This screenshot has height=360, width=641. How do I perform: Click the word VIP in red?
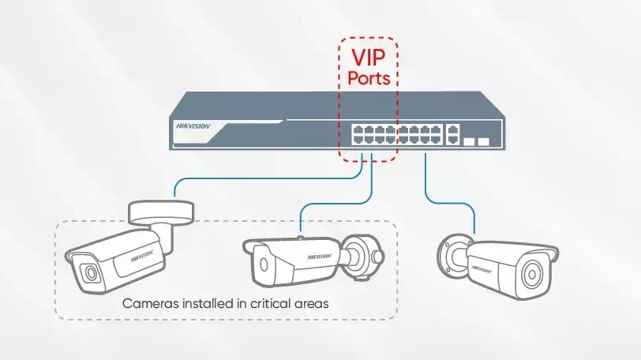(x=369, y=57)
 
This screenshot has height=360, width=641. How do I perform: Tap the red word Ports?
(x=369, y=78)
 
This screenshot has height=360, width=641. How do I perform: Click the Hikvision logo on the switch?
(x=193, y=126)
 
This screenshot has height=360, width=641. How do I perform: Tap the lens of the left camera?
(x=90, y=274)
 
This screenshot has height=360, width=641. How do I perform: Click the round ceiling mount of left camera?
(x=161, y=212)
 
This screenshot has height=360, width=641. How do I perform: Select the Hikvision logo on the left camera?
(x=142, y=257)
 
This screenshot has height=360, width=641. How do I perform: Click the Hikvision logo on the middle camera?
(x=319, y=257)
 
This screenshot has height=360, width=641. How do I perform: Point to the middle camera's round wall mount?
(x=362, y=257)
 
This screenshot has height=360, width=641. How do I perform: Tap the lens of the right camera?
(x=531, y=275)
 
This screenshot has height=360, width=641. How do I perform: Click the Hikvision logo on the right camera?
(x=482, y=269)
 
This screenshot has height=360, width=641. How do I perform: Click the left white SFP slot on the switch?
(x=469, y=142)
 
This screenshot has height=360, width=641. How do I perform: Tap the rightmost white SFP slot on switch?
(x=484, y=142)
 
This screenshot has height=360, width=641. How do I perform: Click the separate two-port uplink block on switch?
(x=452, y=134)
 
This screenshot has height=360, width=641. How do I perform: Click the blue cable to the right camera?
(x=450, y=203)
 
